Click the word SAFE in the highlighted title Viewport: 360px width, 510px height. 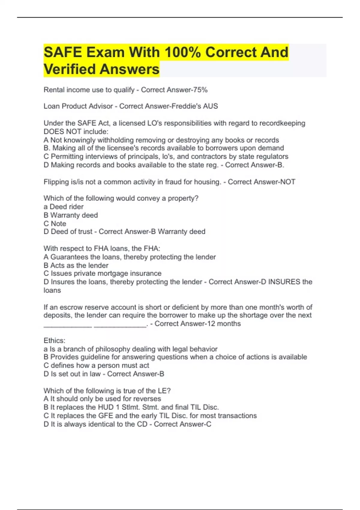point(63,52)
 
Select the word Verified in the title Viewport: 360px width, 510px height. point(70,69)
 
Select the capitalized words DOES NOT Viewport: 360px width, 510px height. point(62,132)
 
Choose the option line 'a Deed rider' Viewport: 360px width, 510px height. point(63,207)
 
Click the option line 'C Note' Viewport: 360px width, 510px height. point(55,223)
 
